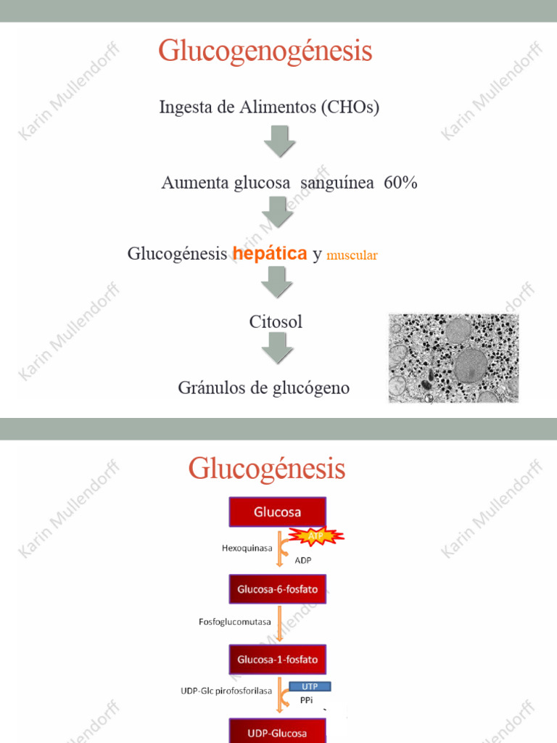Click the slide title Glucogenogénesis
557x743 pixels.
[265, 52]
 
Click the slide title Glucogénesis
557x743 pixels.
[267, 469]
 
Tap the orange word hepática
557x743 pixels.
[270, 254]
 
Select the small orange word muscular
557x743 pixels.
[352, 255]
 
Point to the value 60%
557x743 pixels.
[401, 183]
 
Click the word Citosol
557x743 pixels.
[276, 321]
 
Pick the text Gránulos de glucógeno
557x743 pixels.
[264, 388]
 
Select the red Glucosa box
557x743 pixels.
[278, 512]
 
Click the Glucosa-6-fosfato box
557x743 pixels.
[278, 588]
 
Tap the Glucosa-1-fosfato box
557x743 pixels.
[278, 660]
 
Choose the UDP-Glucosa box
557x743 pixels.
[278, 731]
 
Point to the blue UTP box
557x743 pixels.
[310, 686]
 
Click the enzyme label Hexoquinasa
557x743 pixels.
[247, 549]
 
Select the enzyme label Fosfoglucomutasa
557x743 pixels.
[234, 622]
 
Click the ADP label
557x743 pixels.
[303, 560]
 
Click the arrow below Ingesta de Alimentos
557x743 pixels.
[278, 141]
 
